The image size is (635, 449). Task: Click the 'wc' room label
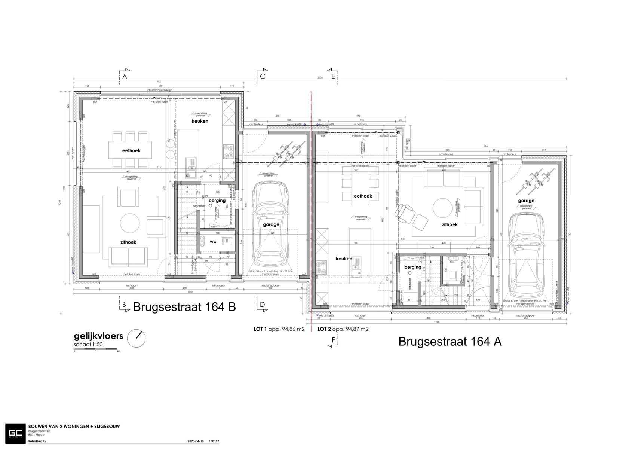point(213,242)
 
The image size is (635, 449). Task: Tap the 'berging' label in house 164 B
point(217,201)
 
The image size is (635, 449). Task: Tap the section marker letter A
point(125,76)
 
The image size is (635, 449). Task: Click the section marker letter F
point(333,340)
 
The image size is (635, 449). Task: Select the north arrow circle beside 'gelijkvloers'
point(136,338)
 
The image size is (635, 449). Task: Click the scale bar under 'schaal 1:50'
point(96,349)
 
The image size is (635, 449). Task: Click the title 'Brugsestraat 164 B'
point(184,307)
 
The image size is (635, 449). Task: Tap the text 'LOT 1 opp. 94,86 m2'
point(279,329)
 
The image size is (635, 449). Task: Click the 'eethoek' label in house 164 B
point(131,150)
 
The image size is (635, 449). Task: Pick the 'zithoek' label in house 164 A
point(450,224)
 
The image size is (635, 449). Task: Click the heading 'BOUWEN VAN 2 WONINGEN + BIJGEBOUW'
point(74,427)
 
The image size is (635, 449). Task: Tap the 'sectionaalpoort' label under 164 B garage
point(270,285)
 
